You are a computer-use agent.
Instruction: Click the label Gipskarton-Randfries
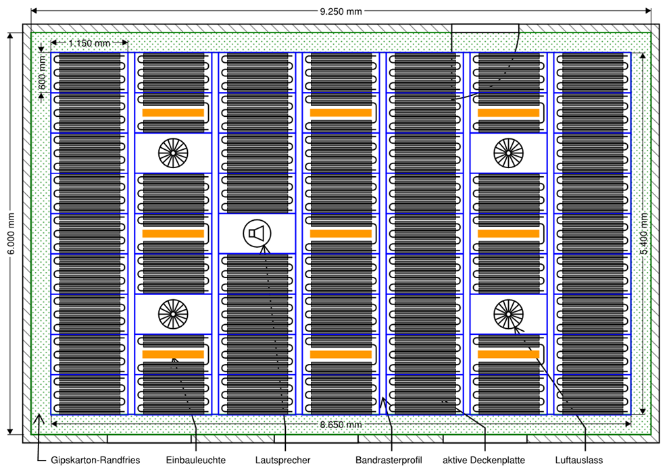click(x=95, y=460)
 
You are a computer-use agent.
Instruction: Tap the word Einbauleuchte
click(x=196, y=460)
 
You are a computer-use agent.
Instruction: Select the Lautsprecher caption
click(x=283, y=460)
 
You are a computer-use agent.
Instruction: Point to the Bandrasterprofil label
click(x=389, y=460)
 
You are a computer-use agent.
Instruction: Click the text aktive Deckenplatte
click(x=483, y=460)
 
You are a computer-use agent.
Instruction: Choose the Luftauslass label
click(x=578, y=460)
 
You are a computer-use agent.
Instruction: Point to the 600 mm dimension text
click(x=43, y=73)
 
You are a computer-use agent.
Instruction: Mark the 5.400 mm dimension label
click(x=645, y=234)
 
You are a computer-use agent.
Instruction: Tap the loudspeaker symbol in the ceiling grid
click(x=257, y=234)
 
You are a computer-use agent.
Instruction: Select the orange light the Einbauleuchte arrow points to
click(x=173, y=354)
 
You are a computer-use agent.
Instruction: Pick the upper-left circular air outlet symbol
click(x=172, y=153)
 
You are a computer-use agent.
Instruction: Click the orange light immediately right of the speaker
click(x=341, y=234)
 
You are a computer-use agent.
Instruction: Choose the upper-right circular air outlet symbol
click(x=507, y=153)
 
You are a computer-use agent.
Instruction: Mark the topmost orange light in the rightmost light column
click(x=508, y=113)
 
